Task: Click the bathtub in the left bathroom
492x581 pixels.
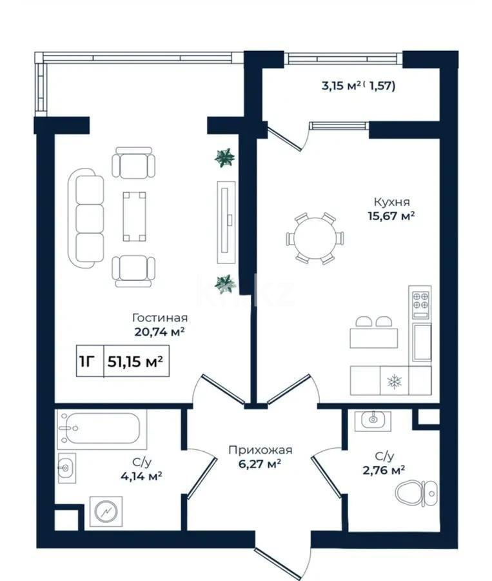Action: tap(101, 429)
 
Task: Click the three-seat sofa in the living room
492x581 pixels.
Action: tap(88, 216)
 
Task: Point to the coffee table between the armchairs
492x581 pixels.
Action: tap(134, 216)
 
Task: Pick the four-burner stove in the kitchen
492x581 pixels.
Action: tap(420, 302)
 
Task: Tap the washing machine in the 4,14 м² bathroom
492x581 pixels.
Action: tap(106, 511)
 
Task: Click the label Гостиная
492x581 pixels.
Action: tap(160, 318)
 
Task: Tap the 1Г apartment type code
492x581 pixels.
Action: tap(86, 362)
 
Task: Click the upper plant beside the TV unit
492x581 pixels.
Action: tap(224, 158)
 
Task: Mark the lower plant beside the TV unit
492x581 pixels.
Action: tap(224, 283)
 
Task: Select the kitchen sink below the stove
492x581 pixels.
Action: tap(422, 341)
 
